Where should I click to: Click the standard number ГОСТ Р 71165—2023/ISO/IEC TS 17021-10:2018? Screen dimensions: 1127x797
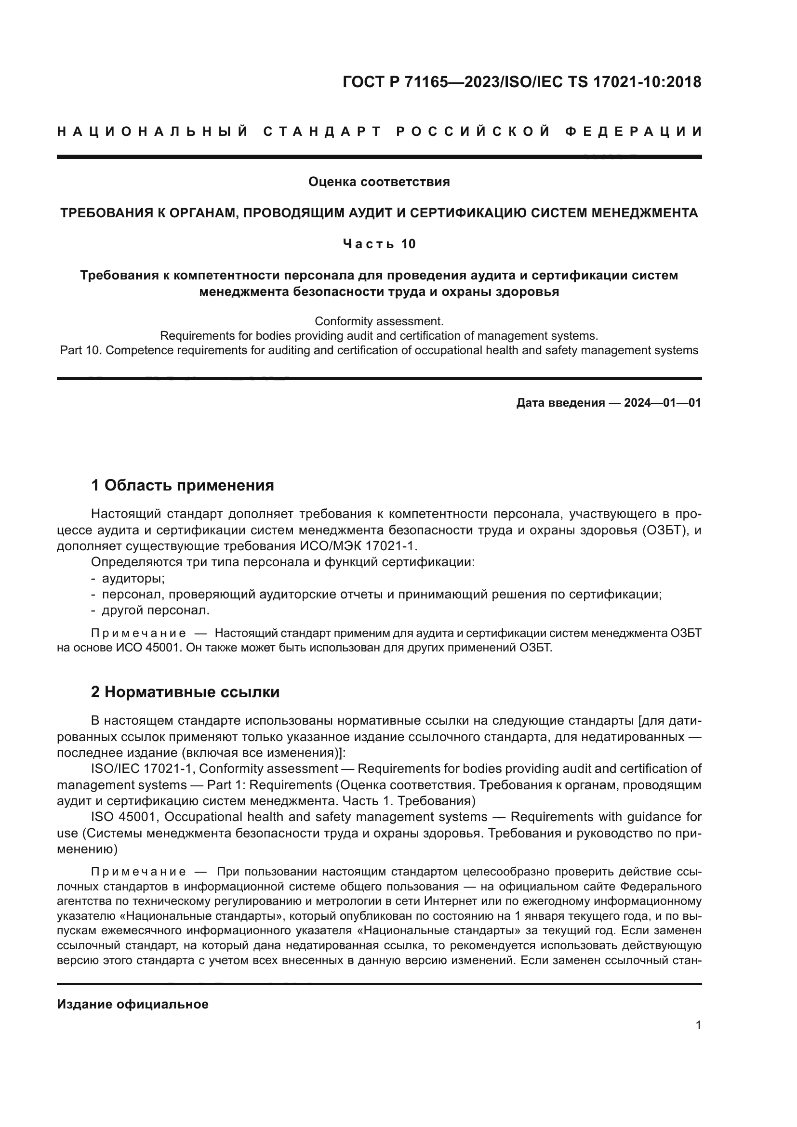pyautogui.click(x=522, y=82)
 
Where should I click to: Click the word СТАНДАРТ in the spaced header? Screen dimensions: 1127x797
pyautogui.click(x=322, y=132)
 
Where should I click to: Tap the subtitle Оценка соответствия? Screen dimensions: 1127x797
pyautogui.click(x=379, y=182)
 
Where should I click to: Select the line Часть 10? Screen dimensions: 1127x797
pyautogui.click(x=379, y=244)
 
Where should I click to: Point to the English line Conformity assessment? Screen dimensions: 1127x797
pyautogui.click(x=379, y=321)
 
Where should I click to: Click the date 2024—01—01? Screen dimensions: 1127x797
pyautogui.click(x=663, y=403)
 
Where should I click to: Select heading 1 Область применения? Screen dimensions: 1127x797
pyautogui.click(x=183, y=486)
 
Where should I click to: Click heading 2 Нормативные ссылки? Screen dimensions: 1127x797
pyautogui.click(x=185, y=692)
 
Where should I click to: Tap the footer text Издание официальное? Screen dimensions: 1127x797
pyautogui.click(x=133, y=1004)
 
